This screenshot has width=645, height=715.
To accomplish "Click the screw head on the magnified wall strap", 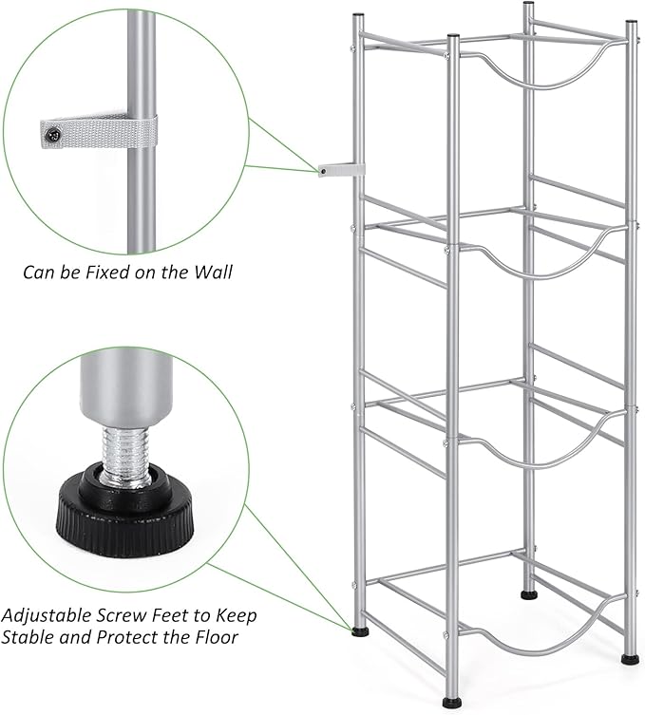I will (x=54, y=135).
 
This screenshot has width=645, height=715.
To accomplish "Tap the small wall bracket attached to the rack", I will (x=340, y=170).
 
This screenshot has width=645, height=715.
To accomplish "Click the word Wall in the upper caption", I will (x=210, y=272).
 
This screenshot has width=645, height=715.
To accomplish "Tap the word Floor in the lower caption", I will (x=210, y=637).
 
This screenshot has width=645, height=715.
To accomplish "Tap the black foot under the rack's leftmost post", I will (x=359, y=630).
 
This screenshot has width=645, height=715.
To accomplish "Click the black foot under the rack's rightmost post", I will (x=630, y=657).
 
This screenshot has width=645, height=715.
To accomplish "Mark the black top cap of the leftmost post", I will (x=357, y=16).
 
